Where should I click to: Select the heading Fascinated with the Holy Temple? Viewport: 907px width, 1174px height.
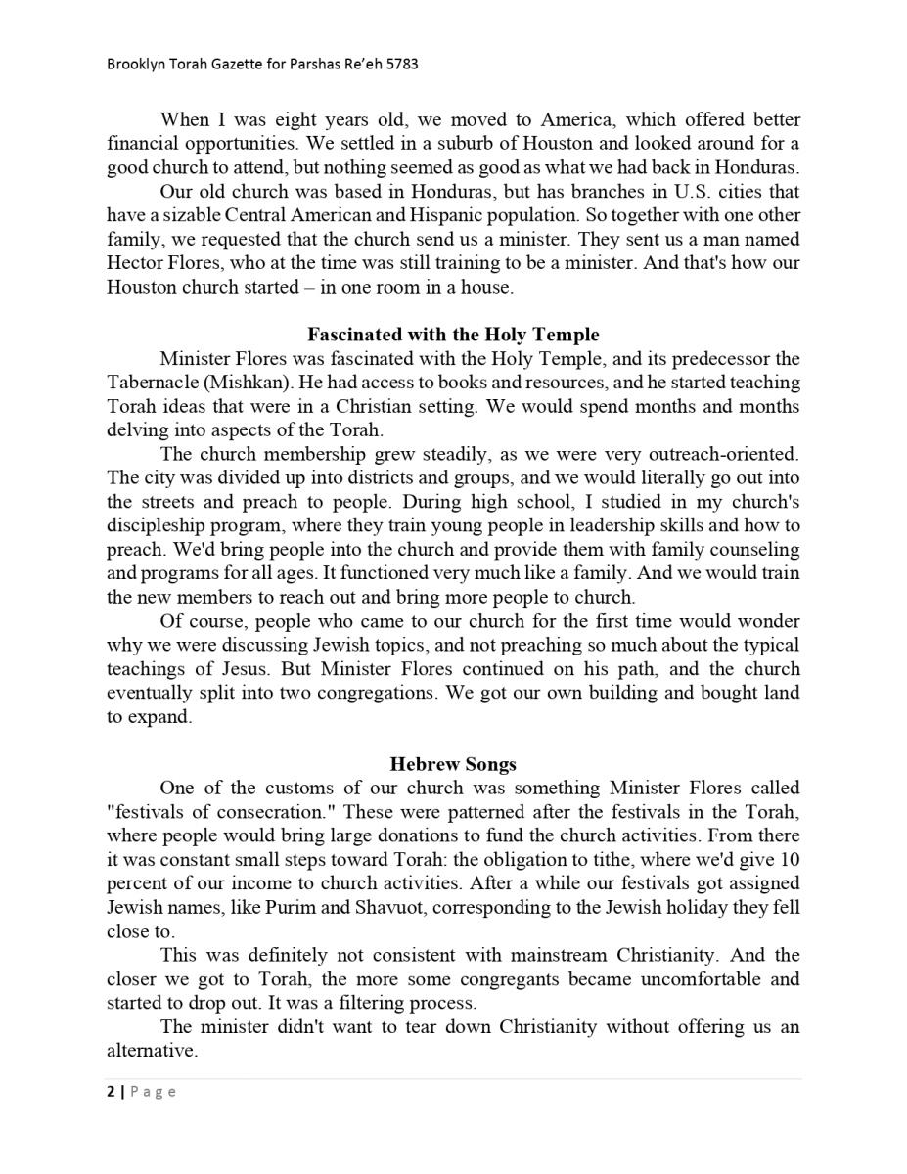coord(453,335)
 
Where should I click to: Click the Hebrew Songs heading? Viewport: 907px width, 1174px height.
coord(453,764)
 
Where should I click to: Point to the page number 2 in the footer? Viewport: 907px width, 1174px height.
coord(111,1092)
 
